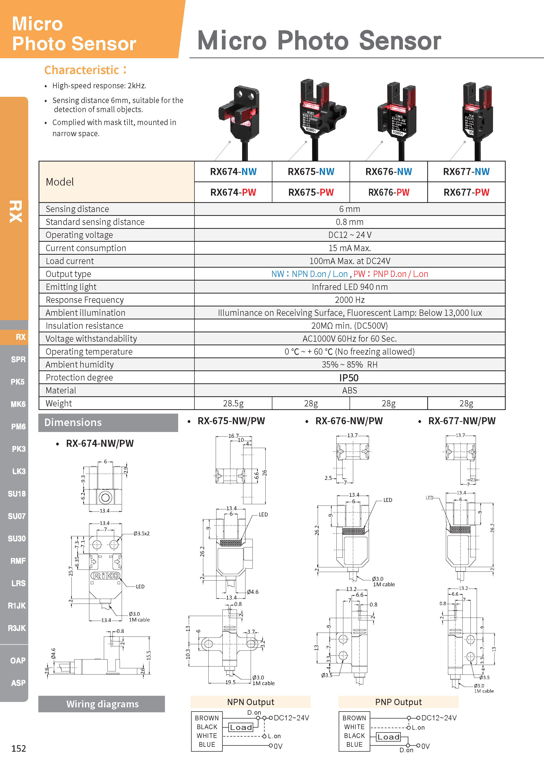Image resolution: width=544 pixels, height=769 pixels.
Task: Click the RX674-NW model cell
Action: [233, 172]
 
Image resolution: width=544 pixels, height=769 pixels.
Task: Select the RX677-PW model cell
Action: [466, 192]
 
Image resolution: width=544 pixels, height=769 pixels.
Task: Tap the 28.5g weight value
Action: [233, 403]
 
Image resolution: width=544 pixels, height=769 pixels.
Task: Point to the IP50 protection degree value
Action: [349, 377]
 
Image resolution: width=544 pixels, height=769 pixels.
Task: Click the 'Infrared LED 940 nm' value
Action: [349, 287]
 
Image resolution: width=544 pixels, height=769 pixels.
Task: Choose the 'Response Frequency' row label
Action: [85, 300]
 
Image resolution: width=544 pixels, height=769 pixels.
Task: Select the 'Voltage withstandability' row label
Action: [91, 339]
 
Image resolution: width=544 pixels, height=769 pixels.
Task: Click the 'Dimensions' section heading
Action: [73, 422]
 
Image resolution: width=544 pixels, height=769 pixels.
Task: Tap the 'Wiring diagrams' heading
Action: [102, 704]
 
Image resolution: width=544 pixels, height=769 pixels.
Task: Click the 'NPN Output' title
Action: [251, 702]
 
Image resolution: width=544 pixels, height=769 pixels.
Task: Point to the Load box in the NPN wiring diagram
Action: [241, 727]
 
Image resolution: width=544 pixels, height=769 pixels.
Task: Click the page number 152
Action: [18, 749]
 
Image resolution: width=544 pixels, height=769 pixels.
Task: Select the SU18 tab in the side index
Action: [17, 494]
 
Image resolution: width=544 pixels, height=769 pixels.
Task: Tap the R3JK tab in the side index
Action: [17, 628]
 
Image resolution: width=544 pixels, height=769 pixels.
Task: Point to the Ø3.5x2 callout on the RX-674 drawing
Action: [141, 533]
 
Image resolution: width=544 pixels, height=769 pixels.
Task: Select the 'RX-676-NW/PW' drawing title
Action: [349, 421]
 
